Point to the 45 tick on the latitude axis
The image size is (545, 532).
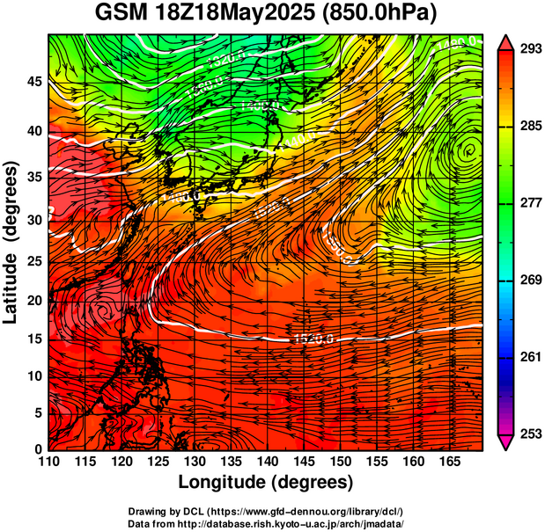pyautogui.click(x=33, y=81)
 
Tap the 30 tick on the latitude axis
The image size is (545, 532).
pyautogui.click(x=33, y=220)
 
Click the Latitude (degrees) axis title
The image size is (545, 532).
pyautogui.click(x=12, y=242)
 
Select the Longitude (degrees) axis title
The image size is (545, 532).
pyautogui.click(x=266, y=482)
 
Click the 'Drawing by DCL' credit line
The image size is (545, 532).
pyautogui.click(x=266, y=511)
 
